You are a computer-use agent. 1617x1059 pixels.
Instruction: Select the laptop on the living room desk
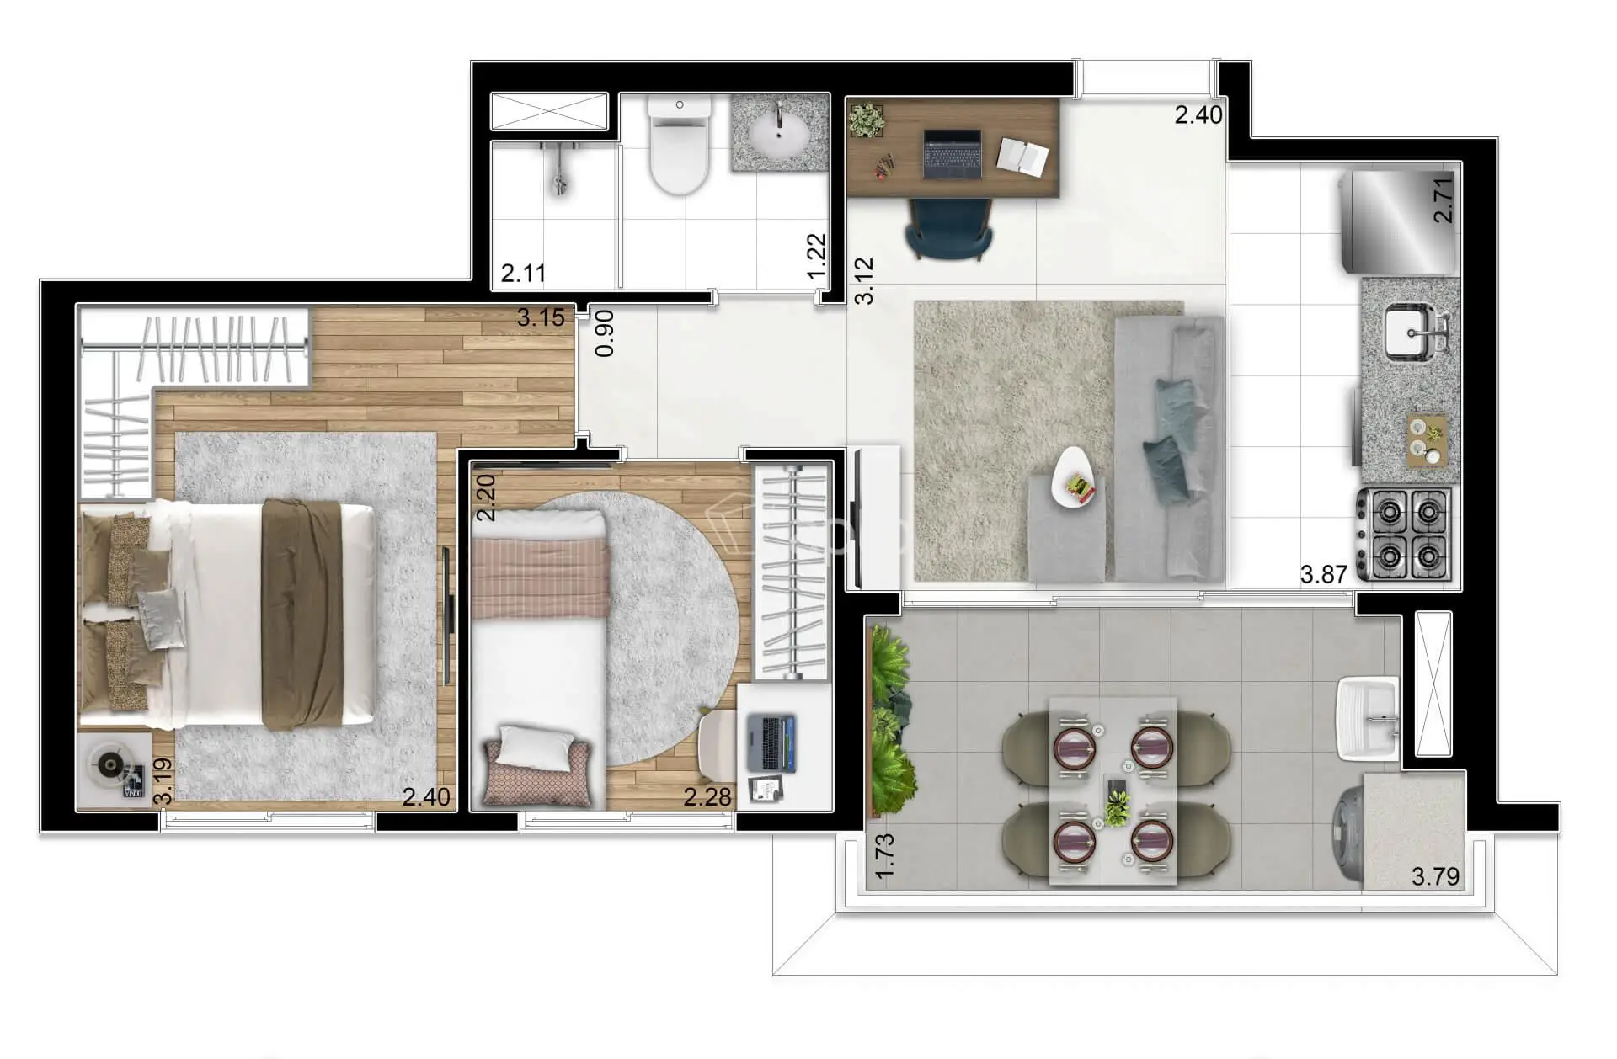952,154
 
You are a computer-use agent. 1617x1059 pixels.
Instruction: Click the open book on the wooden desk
1023,157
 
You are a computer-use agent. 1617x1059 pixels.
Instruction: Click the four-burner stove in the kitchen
1404,534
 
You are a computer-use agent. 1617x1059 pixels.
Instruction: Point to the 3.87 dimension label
1324,575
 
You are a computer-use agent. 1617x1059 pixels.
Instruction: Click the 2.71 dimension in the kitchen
1444,200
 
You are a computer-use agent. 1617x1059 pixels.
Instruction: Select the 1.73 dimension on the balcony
885,857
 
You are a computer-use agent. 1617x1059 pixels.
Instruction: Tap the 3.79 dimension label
1435,877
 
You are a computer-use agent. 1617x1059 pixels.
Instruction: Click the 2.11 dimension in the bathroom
523,274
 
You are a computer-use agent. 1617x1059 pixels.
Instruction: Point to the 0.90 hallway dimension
605,333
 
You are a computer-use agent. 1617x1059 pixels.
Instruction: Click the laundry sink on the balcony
1368,720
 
